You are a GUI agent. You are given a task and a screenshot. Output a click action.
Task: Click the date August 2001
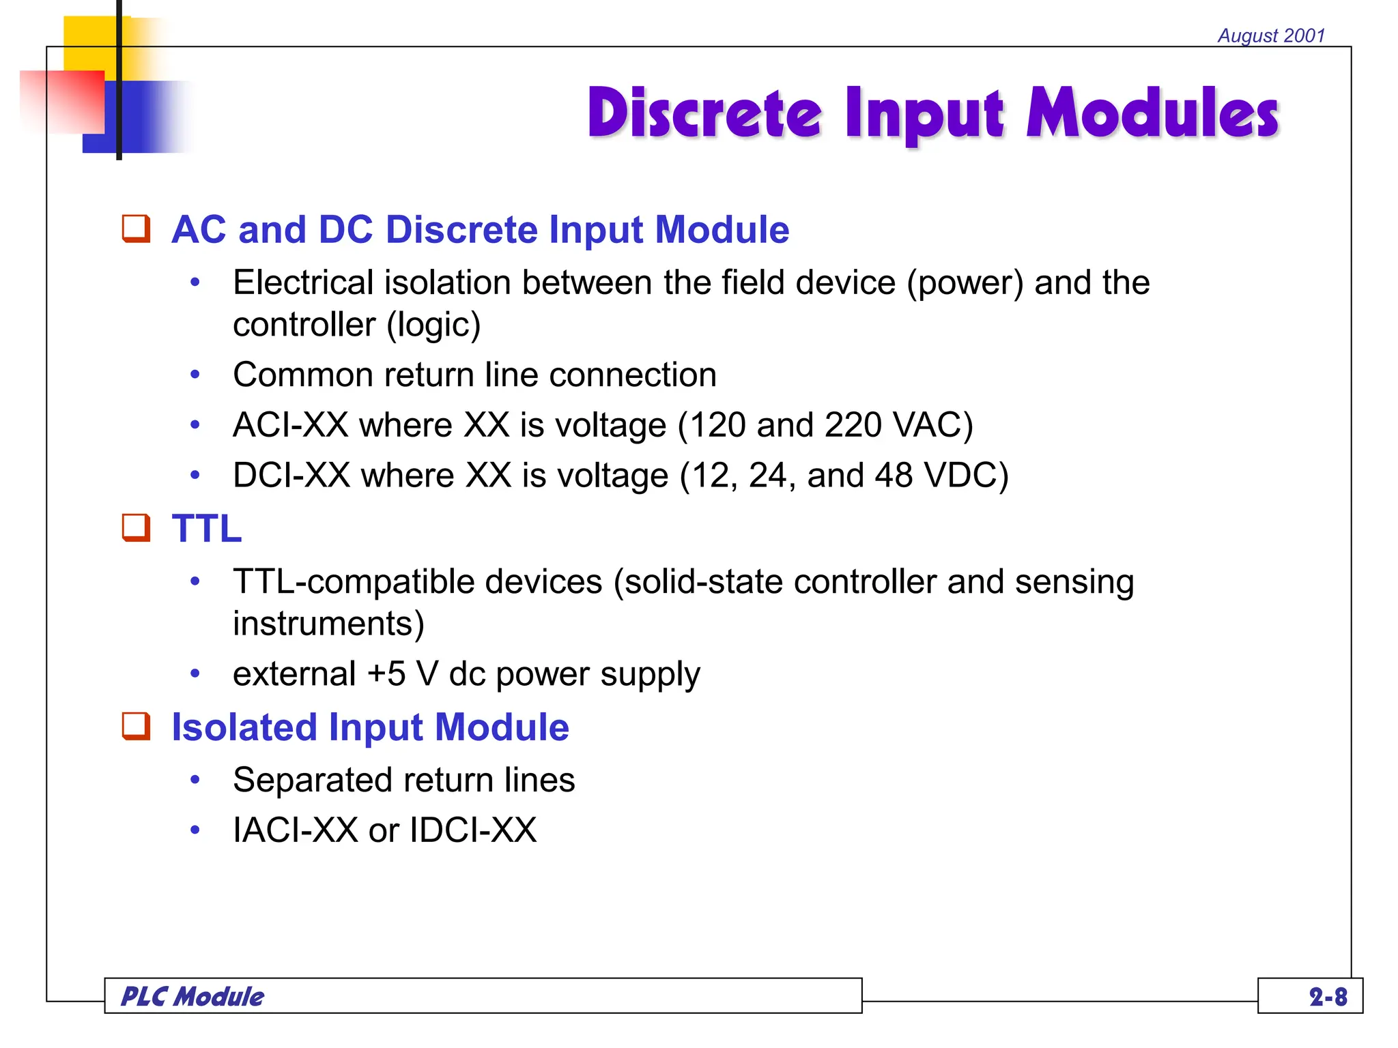1271,35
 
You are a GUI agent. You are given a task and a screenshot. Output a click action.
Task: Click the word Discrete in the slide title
704,113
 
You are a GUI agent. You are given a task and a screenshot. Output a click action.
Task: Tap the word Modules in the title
1152,113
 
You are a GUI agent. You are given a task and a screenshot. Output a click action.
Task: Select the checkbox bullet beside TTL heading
136,527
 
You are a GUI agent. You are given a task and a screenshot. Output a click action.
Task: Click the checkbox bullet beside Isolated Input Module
136,726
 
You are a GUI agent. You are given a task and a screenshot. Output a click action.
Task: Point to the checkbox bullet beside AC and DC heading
136,229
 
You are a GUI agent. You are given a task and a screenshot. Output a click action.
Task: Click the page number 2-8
1328,997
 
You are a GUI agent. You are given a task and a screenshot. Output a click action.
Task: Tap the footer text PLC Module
192,997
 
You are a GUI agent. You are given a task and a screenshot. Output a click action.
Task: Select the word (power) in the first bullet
965,283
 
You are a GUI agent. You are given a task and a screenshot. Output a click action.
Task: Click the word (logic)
434,325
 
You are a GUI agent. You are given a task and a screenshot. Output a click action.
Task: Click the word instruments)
328,624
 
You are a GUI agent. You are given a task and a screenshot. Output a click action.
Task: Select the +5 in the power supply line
386,674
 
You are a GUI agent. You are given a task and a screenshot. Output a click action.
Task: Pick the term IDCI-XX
473,830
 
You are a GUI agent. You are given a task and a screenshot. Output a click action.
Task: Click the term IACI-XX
295,830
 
